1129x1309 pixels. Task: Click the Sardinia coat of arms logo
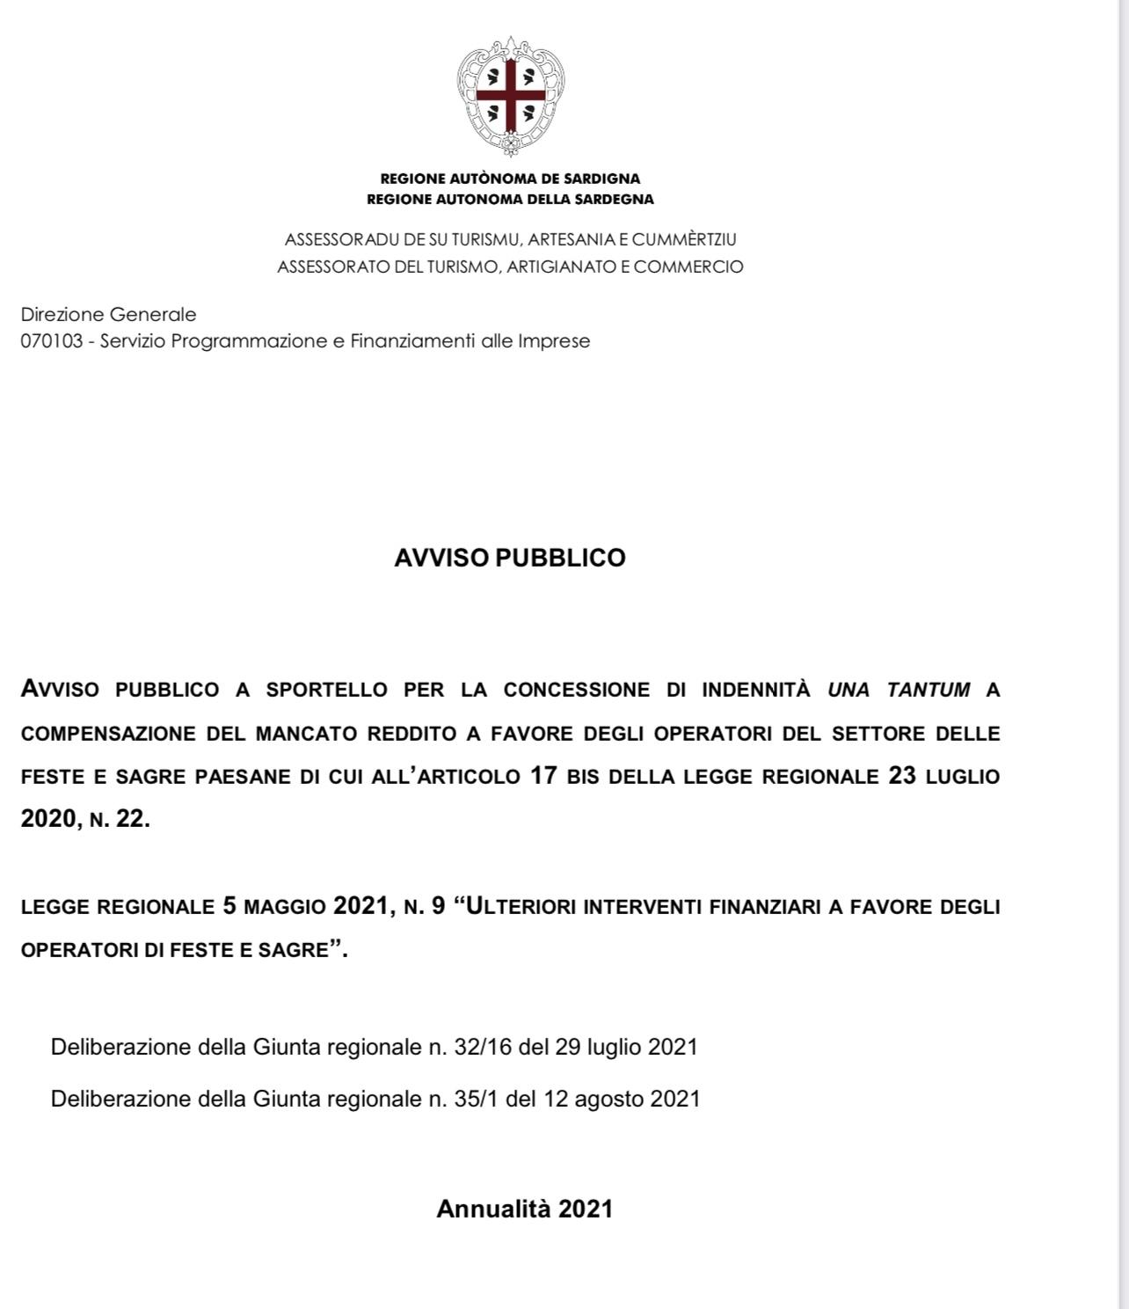tap(510, 95)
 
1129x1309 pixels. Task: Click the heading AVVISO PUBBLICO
tap(510, 558)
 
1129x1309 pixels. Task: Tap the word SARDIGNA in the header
tap(602, 179)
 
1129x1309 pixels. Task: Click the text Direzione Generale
tap(108, 314)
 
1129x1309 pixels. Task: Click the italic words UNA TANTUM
tap(899, 690)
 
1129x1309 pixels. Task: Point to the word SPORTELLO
tap(326, 690)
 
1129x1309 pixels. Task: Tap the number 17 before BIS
tap(543, 776)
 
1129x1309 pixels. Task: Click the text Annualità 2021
tap(524, 1209)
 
